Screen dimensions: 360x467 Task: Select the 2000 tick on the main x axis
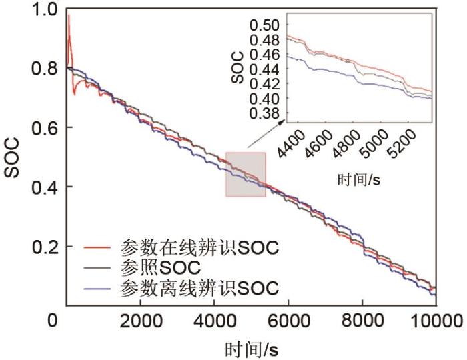point(141,319)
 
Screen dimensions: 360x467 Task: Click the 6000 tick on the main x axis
point(288,319)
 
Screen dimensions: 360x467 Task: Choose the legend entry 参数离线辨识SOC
point(199,288)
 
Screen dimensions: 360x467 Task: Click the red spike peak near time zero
point(69,15)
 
